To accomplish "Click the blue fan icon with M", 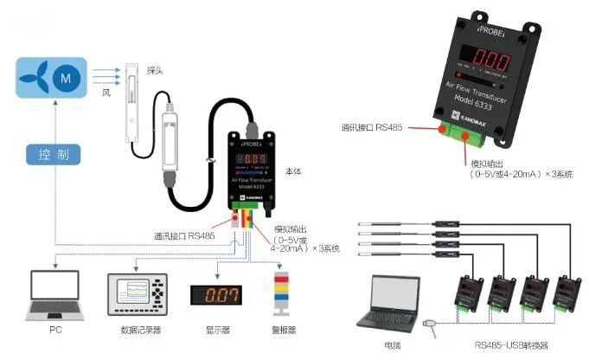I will [53, 77].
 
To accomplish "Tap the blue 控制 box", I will [54, 156].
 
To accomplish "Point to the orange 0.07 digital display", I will [215, 294].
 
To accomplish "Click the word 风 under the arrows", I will [107, 92].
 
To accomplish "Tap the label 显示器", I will [214, 330].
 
